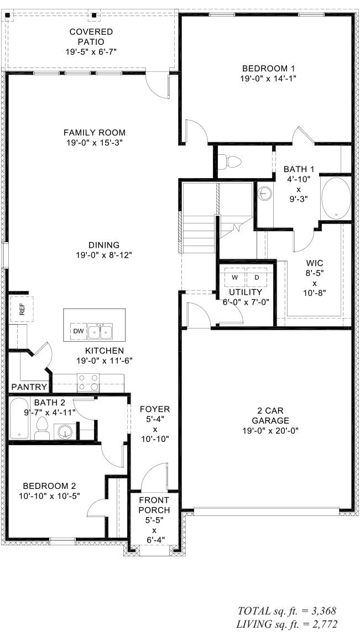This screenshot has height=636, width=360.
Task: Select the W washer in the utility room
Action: [x=234, y=277]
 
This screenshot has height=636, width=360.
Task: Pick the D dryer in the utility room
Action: [x=256, y=277]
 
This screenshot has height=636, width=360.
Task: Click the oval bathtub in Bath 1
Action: [x=336, y=198]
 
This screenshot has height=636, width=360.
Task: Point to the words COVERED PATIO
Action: [x=91, y=37]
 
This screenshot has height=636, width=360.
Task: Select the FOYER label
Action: [x=154, y=409]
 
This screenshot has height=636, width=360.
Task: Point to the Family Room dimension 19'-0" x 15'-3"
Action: [x=94, y=142]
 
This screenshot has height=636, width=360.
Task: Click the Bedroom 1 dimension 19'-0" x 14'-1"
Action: [x=268, y=79]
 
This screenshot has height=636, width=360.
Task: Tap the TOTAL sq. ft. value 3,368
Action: [x=322, y=611]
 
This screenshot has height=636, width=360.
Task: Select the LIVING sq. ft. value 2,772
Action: [x=322, y=624]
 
